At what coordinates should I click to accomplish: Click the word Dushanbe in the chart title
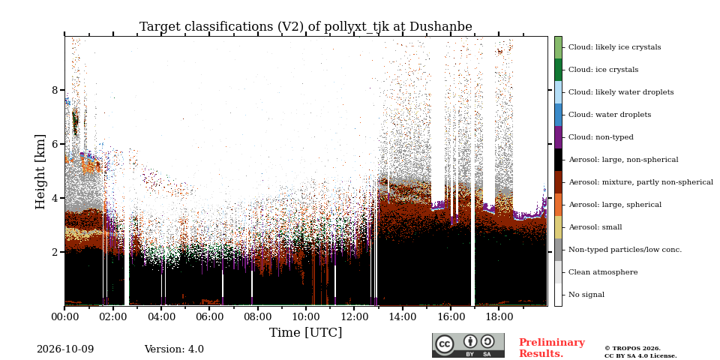tap(440, 27)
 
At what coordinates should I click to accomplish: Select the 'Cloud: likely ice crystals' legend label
tap(614, 47)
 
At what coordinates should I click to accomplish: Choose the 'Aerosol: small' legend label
tap(595, 227)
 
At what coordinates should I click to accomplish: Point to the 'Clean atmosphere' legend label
tap(603, 272)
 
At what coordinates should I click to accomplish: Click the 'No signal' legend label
tap(586, 295)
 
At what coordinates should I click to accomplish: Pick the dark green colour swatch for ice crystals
tap(558, 70)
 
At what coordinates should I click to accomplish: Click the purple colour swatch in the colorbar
tap(558, 137)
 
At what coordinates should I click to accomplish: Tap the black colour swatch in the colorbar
tap(558, 160)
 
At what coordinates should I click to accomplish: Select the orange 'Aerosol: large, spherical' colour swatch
tap(558, 205)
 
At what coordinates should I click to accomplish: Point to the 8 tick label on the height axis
tap(55, 90)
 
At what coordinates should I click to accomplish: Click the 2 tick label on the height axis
tap(55, 252)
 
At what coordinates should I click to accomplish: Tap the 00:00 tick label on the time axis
tap(64, 316)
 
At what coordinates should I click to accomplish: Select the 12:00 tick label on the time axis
tap(355, 316)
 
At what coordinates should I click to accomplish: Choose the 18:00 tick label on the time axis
tap(499, 316)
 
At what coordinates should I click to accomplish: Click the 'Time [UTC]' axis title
tap(306, 332)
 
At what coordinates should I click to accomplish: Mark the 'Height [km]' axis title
tap(40, 172)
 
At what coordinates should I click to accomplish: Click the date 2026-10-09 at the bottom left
tap(65, 349)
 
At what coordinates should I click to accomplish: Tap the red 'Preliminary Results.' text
tap(552, 348)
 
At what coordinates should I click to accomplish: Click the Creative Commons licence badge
tap(468, 345)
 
